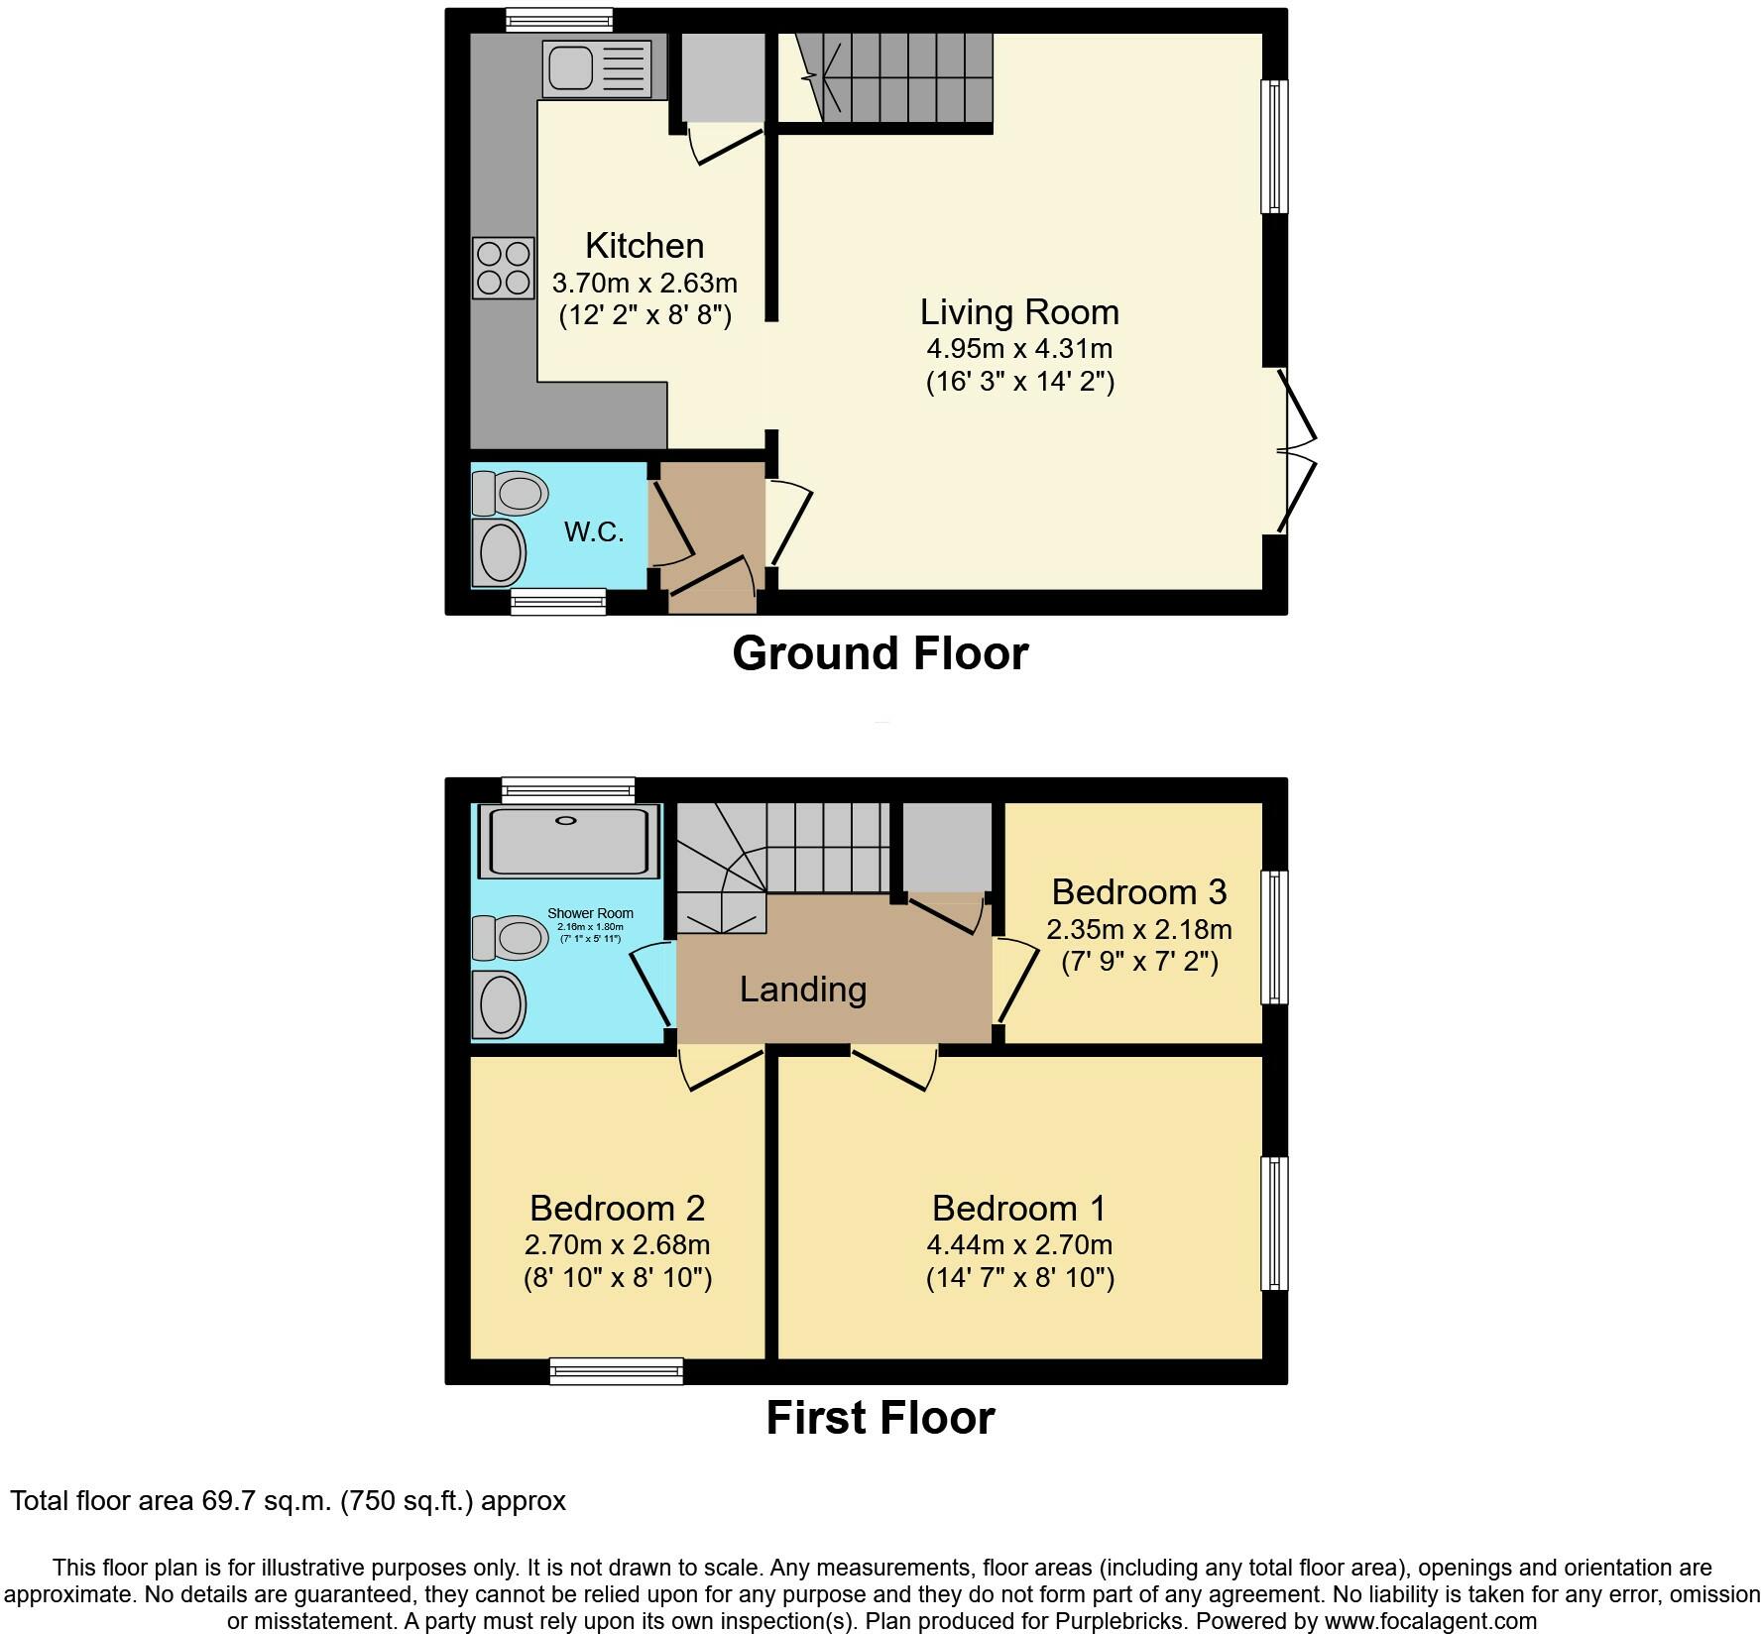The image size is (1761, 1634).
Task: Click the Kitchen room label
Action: (645, 246)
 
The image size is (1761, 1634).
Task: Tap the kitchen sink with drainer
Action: (596, 68)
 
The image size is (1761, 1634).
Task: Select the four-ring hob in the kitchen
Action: (504, 268)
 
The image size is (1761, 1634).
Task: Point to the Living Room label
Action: (1019, 312)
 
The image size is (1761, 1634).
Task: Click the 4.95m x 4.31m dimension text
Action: (1019, 349)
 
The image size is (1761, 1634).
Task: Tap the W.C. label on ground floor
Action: (594, 532)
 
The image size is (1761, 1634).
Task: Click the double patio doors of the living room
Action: (1295, 451)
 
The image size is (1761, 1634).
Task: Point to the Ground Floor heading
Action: (880, 654)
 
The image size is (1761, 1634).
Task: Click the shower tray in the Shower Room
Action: (568, 841)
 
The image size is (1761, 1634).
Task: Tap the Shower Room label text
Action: (590, 914)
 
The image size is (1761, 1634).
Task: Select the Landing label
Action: (803, 989)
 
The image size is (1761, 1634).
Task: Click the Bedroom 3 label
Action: (1138, 892)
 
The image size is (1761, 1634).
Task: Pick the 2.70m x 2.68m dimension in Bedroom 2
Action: (617, 1244)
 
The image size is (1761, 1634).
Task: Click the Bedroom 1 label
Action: (1019, 1208)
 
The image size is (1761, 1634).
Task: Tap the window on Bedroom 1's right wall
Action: (1274, 1223)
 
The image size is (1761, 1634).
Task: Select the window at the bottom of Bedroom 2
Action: (616, 1371)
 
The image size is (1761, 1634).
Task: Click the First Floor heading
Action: (880, 1418)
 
